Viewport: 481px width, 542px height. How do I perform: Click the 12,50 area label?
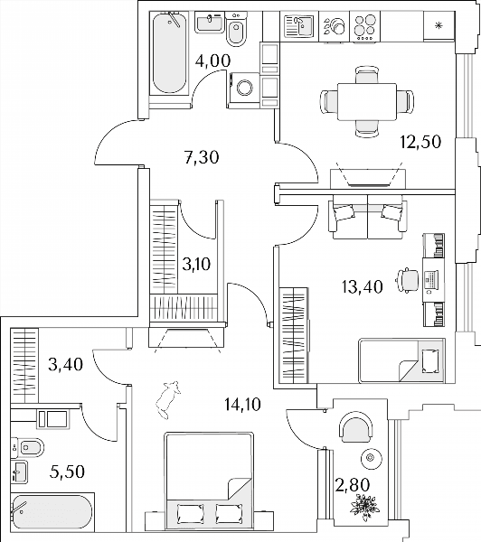[x=420, y=142]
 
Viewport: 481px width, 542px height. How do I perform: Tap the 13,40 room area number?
[x=362, y=286]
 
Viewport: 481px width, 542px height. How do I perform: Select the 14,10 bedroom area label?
[x=242, y=404]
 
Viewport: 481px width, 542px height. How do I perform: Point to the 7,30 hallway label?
[x=203, y=157]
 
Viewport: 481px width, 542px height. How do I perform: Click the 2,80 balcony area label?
[x=353, y=484]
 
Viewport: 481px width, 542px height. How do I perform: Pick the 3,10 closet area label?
[x=196, y=265]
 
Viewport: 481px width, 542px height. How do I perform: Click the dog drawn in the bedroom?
[x=168, y=399]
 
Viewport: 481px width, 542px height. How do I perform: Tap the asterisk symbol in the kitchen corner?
[x=439, y=25]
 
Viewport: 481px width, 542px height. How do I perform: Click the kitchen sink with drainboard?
[x=299, y=26]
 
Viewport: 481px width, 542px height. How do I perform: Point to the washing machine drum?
[x=245, y=88]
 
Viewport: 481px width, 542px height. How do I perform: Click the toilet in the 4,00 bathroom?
[x=237, y=29]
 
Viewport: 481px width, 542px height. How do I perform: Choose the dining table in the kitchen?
[x=367, y=101]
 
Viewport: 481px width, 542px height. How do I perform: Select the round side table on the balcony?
[x=372, y=458]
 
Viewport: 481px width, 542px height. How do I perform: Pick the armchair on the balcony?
[x=357, y=427]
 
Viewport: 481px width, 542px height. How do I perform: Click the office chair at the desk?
[x=408, y=279]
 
